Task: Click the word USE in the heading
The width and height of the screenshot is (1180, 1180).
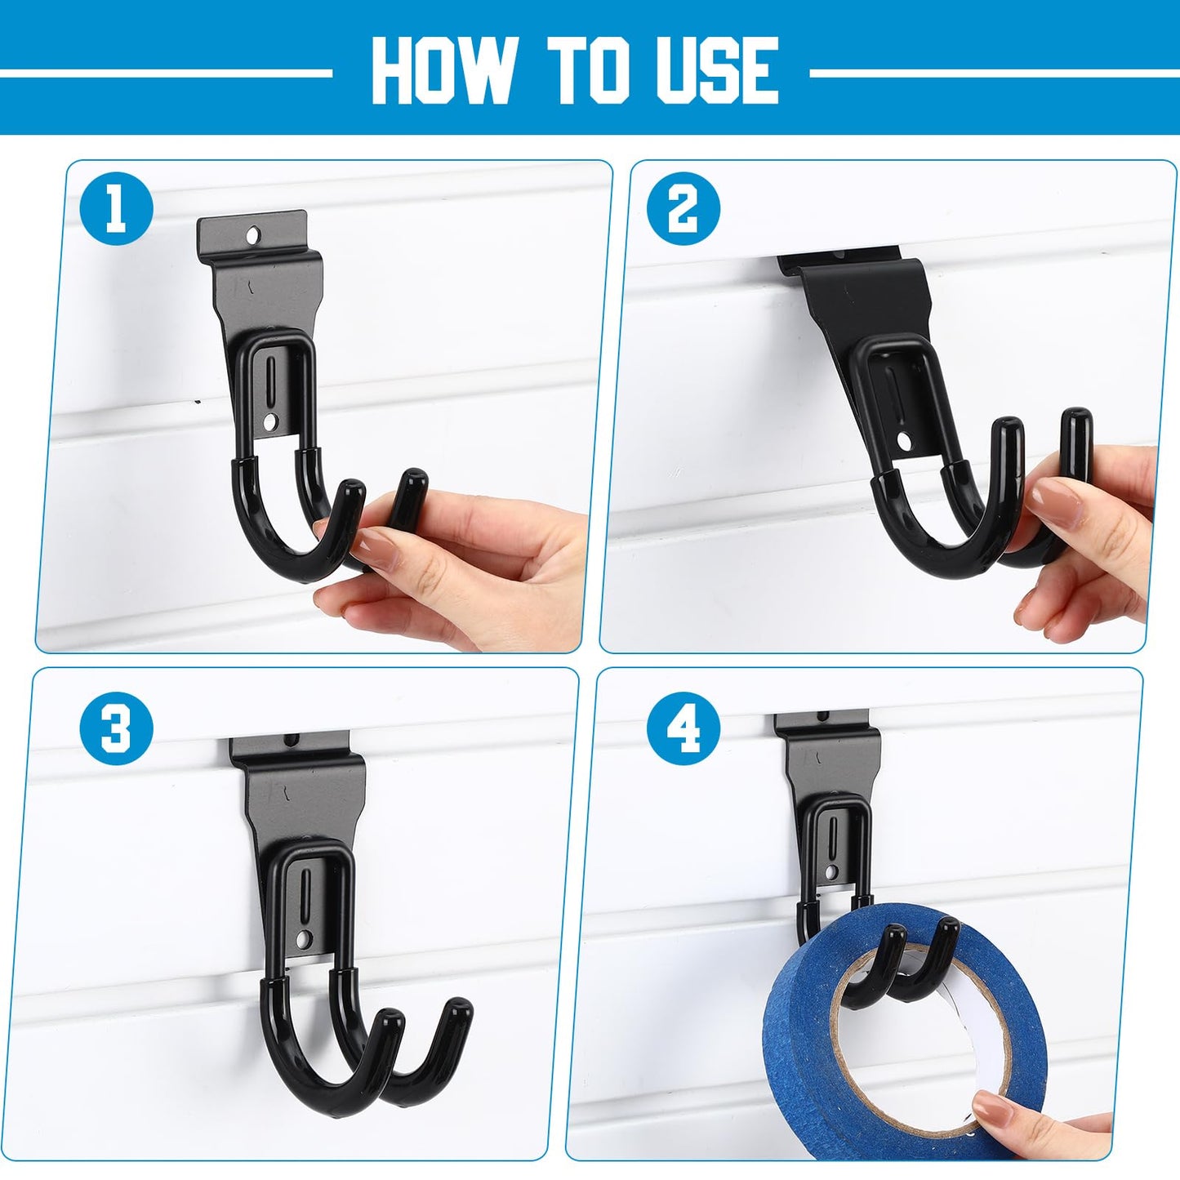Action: [x=717, y=69]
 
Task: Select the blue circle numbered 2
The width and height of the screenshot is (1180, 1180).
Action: [x=683, y=211]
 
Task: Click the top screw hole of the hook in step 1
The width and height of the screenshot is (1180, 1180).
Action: [x=253, y=234]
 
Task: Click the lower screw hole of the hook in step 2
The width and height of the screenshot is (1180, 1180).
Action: [x=902, y=439]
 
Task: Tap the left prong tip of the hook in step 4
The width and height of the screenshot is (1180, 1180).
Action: [x=895, y=949]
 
